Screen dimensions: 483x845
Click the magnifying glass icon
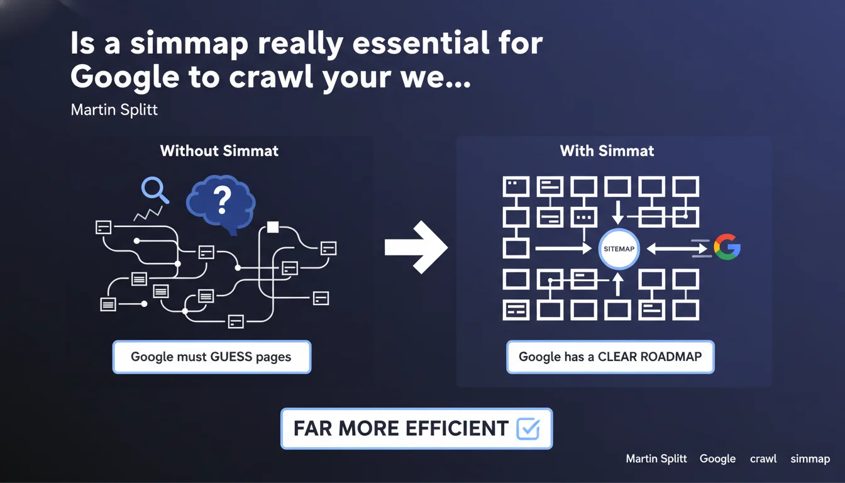pos(153,189)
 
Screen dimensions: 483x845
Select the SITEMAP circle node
pos(619,249)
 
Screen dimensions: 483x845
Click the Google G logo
pos(727,247)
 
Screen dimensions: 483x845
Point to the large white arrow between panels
pos(416,248)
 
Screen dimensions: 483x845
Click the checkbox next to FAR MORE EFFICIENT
pos(527,429)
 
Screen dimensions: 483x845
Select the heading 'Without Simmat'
pos(219,151)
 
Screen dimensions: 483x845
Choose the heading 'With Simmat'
pos(607,151)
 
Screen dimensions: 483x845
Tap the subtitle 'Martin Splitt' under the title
pos(114,110)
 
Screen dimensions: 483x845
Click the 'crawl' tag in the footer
pos(763,459)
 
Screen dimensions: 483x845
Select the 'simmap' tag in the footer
pos(810,459)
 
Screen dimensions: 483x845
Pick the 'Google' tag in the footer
pos(717,459)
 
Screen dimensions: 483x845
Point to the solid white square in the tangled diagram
pos(273,227)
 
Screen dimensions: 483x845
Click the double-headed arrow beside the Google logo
pos(677,249)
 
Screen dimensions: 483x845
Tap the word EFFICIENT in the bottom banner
pos(448,429)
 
